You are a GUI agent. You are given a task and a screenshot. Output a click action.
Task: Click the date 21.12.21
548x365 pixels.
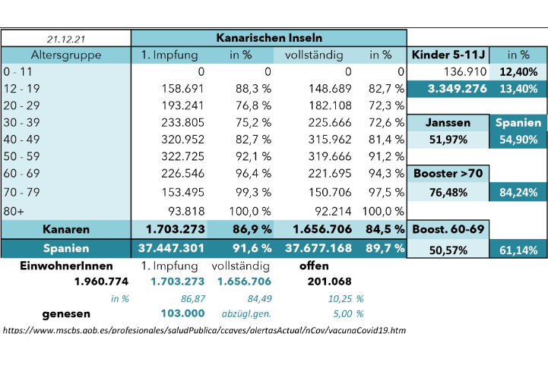tap(66, 39)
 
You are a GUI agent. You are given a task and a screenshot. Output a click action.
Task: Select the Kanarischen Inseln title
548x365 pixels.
tap(269, 38)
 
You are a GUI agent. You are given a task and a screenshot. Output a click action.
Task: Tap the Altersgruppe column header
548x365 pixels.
tap(66, 55)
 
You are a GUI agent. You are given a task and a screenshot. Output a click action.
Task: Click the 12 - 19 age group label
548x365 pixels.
tap(22, 89)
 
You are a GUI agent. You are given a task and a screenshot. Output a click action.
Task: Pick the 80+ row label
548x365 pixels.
tap(14, 211)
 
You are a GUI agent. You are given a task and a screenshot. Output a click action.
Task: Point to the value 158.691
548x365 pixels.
tap(182, 89)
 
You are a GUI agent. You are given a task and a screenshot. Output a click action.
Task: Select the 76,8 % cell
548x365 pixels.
tap(253, 105)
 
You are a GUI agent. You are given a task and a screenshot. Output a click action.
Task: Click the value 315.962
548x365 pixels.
tap(330, 139)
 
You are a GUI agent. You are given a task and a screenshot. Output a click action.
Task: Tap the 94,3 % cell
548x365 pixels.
tap(386, 173)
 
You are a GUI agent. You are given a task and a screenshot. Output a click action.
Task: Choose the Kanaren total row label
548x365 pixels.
tap(66, 229)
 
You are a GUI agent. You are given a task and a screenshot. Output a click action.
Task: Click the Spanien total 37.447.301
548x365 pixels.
tap(171, 248)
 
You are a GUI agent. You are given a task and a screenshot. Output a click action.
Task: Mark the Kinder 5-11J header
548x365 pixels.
tap(448, 55)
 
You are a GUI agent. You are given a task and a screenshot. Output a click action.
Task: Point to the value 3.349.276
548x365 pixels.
tap(457, 89)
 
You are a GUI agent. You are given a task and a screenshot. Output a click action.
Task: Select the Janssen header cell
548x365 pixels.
tap(448, 122)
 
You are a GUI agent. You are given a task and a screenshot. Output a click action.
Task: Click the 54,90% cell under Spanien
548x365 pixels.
tap(518, 140)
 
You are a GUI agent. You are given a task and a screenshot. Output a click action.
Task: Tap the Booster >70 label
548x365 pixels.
tap(448, 174)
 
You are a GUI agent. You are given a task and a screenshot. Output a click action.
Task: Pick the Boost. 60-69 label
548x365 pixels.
tap(448, 229)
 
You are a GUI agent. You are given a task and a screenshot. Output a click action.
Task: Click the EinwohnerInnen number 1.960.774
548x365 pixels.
tap(101, 282)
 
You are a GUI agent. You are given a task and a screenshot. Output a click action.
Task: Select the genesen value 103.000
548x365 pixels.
tap(182, 313)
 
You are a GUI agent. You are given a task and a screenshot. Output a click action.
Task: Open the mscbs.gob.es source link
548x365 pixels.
tap(204, 330)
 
